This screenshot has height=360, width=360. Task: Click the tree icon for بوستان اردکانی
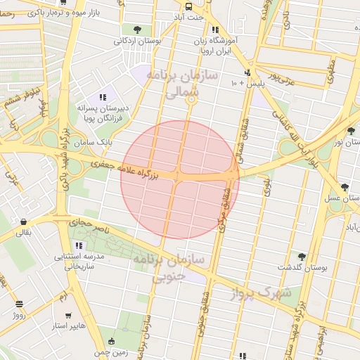pyautogui.click(x=136, y=30)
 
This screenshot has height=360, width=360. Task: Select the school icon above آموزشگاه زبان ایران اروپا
pyautogui.click(x=215, y=30)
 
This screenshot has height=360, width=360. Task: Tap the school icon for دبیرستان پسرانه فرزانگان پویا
pyautogui.click(x=103, y=98)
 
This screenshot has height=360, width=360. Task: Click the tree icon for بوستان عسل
pyautogui.click(x=344, y=187)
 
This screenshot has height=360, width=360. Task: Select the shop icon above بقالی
pyautogui.click(x=23, y=221)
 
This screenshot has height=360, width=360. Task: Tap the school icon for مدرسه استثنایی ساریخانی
pyautogui.click(x=79, y=246)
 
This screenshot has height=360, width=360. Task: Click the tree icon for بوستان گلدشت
pyautogui.click(x=302, y=257)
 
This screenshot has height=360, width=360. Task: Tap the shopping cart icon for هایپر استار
pyautogui.click(x=68, y=316)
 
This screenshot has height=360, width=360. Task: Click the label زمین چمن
pyautogui.click(x=112, y=352)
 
